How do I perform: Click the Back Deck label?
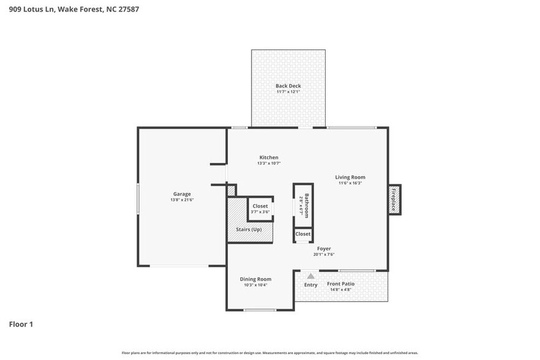coord(288,86)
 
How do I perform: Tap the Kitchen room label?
coord(269,157)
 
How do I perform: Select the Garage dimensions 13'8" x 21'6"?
coord(182,200)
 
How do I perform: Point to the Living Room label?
coord(350,177)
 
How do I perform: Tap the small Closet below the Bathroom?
coord(303,234)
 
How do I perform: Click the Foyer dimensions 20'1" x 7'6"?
coord(324,255)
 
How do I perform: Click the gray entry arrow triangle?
coord(310,276)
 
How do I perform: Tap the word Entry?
coord(311,285)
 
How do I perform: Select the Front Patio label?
coord(340,283)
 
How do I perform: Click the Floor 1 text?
coord(21,324)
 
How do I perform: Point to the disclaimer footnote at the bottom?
coord(270,353)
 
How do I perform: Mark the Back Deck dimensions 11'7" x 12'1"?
coord(288,92)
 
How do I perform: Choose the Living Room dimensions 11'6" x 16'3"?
coord(350,183)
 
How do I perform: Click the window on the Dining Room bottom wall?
coord(260,310)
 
